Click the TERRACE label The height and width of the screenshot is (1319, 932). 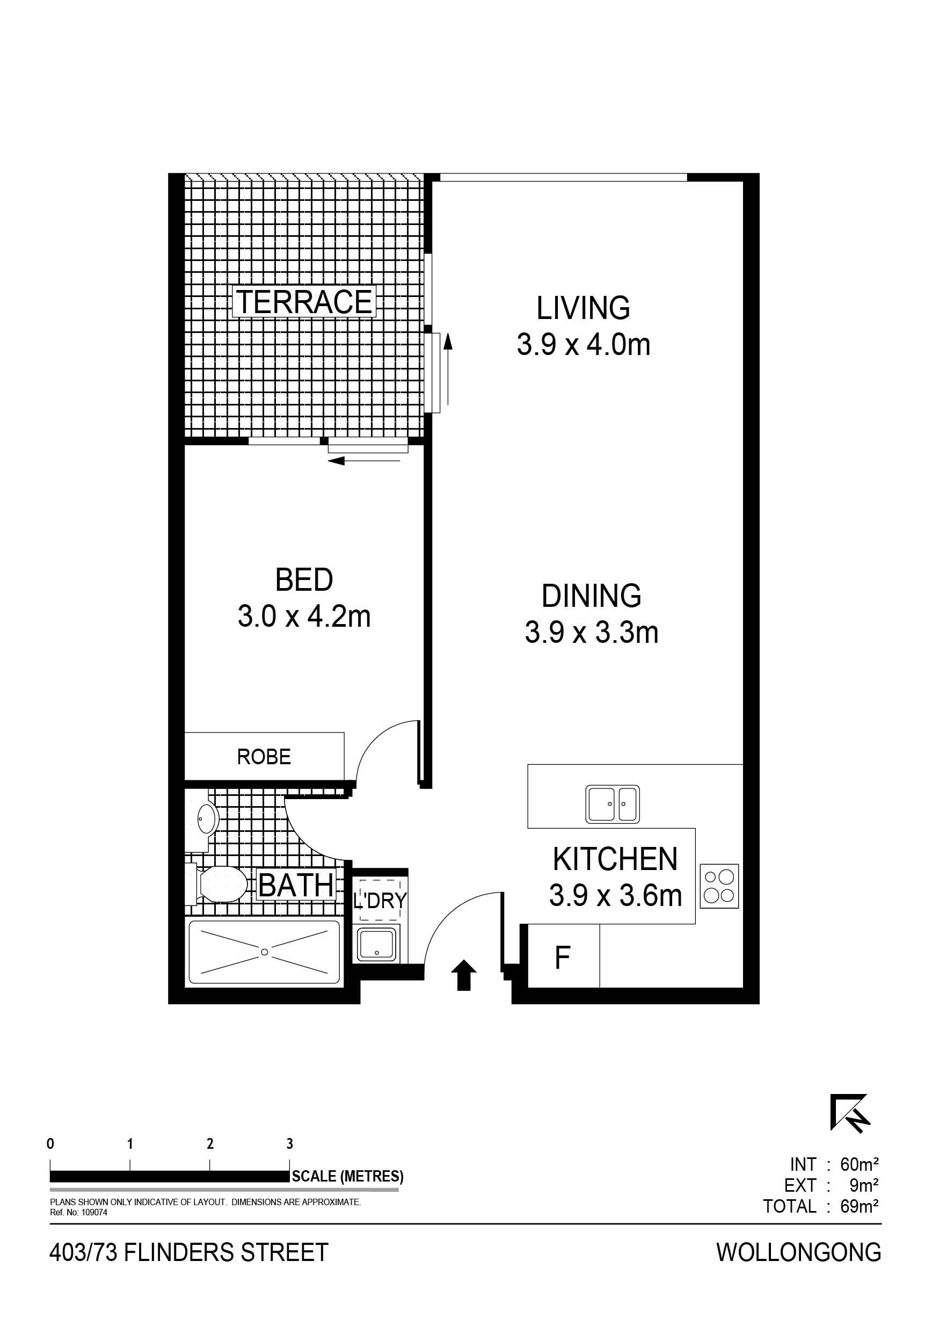pyautogui.click(x=304, y=302)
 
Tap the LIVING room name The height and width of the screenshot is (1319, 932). pyautogui.click(x=583, y=308)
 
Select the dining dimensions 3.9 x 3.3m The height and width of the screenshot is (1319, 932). pyautogui.click(x=592, y=633)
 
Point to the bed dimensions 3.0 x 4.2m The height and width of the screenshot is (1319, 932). pyautogui.click(x=304, y=617)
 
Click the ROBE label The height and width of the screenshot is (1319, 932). pyautogui.click(x=264, y=757)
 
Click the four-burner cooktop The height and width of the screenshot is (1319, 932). pyautogui.click(x=719, y=886)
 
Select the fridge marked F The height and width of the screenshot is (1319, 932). pyautogui.click(x=563, y=958)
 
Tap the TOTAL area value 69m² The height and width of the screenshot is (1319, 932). pyautogui.click(x=859, y=1206)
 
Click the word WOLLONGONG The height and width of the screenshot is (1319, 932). pyautogui.click(x=799, y=1252)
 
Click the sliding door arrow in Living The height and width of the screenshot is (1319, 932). pyautogui.click(x=448, y=369)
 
